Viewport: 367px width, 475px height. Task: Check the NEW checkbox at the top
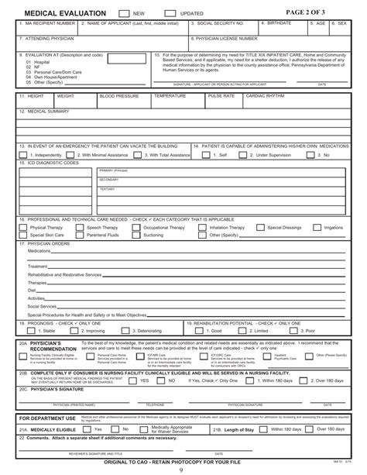point(124,14)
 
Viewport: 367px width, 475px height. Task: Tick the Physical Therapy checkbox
point(24,228)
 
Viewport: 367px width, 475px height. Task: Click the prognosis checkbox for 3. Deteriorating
point(121,330)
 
